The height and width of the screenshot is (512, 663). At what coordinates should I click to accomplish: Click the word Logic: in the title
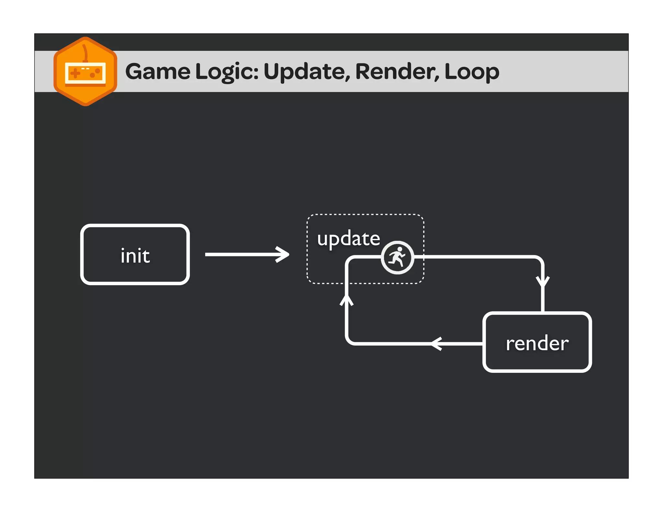(227, 72)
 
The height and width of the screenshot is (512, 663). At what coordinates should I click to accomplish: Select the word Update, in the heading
(307, 72)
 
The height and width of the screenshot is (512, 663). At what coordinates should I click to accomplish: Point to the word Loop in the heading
(472, 72)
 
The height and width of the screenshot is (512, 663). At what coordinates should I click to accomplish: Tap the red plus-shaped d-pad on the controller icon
(75, 73)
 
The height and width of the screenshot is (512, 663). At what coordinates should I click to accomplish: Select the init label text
(135, 256)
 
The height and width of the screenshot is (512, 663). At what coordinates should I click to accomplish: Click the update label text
(348, 239)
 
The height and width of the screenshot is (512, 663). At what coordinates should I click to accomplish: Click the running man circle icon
(397, 258)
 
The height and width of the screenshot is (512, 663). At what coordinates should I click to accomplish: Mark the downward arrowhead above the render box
(543, 281)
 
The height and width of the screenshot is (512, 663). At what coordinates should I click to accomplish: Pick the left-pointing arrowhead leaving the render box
(436, 343)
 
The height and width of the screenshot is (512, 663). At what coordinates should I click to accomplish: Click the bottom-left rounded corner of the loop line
(350, 340)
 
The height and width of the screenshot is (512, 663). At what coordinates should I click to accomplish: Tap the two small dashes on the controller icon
(85, 69)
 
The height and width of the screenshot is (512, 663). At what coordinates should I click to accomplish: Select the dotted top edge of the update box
(365, 214)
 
